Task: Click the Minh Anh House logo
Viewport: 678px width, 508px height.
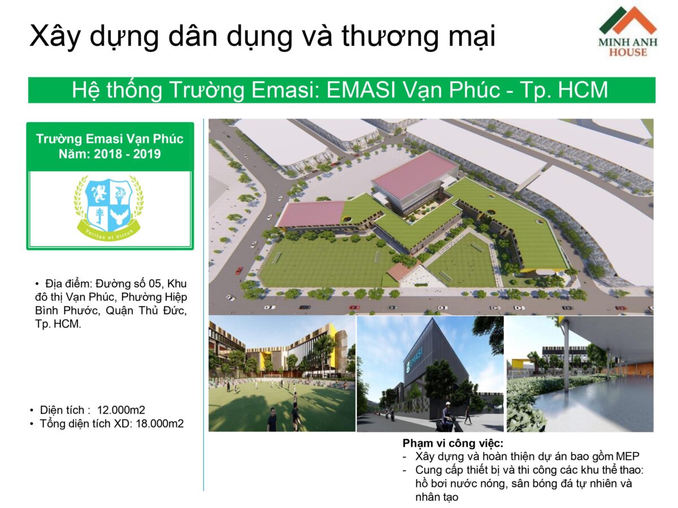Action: coord(628,32)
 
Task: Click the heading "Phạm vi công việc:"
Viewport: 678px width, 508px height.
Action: coord(453,443)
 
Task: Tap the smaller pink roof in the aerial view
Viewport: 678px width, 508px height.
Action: coord(311,214)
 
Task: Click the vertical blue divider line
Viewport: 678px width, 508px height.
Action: coord(203,305)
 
